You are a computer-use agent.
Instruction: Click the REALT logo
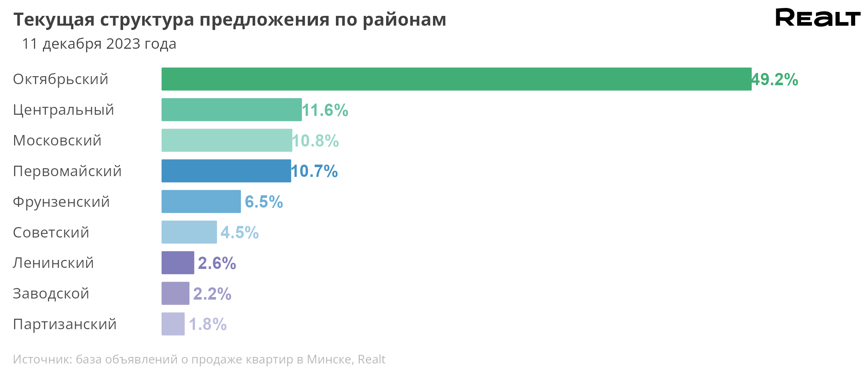coord(818,17)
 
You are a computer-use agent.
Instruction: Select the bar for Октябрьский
coord(456,79)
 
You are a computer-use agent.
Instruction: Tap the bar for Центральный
coord(232,110)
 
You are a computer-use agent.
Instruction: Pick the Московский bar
coord(227,140)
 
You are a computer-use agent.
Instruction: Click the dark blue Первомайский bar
coord(226,171)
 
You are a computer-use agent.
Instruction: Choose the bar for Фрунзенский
coord(201,201)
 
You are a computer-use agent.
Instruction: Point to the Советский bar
coord(189,232)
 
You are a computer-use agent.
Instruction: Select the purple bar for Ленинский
coord(178,263)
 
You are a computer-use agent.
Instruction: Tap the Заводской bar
coord(175,293)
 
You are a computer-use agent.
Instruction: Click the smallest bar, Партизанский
coord(173,324)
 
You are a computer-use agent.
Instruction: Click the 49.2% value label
coord(775,79)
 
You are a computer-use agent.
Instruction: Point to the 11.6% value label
coord(325,110)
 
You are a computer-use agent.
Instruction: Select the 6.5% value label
coord(264,202)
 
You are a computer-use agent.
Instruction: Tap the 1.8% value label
coord(208,324)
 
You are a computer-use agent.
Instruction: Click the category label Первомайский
coord(67,171)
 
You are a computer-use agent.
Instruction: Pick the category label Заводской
coord(51,293)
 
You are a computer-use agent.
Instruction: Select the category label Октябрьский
coord(61,79)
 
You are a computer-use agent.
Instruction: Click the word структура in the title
coord(147,19)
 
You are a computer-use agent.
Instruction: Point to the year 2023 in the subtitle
coord(123,44)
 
